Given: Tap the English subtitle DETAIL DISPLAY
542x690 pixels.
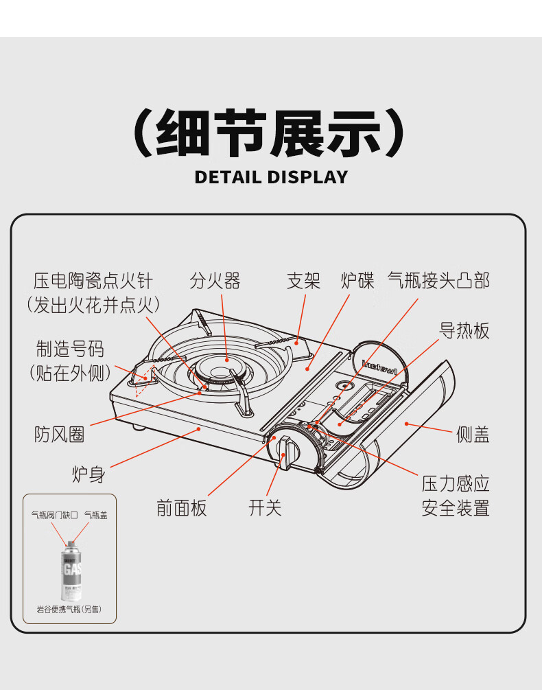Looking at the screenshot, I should tap(271, 177).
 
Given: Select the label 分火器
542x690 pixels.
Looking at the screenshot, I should tap(215, 281).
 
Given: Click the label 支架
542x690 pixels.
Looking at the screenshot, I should tap(303, 281).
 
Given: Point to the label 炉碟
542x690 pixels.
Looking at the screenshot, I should tap(357, 281).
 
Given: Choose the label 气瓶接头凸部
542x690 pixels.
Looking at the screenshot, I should tap(438, 281).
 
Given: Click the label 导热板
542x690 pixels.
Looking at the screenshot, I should tap(464, 331).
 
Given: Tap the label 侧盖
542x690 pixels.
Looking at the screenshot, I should tap(473, 435).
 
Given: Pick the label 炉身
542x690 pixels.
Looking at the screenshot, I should tap(89, 474).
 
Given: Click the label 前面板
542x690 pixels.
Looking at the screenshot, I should tap(181, 508).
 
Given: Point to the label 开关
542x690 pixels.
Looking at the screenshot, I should tap(266, 508).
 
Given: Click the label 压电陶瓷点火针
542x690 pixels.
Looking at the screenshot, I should tap(93, 281).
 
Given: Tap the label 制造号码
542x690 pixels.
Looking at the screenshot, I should tap(70, 349).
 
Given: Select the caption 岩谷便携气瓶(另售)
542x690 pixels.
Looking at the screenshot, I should tap(69, 610).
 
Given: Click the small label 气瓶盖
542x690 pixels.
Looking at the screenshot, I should tap(95, 514).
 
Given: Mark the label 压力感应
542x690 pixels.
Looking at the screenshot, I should tap(455, 484).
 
